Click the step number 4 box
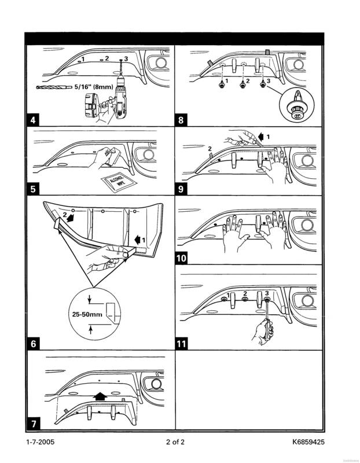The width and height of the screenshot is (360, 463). click(x=34, y=122)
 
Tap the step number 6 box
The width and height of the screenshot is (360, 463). click(x=34, y=344)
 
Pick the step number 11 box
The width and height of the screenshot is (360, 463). click(x=183, y=344)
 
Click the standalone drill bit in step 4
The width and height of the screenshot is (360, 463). click(x=52, y=88)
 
